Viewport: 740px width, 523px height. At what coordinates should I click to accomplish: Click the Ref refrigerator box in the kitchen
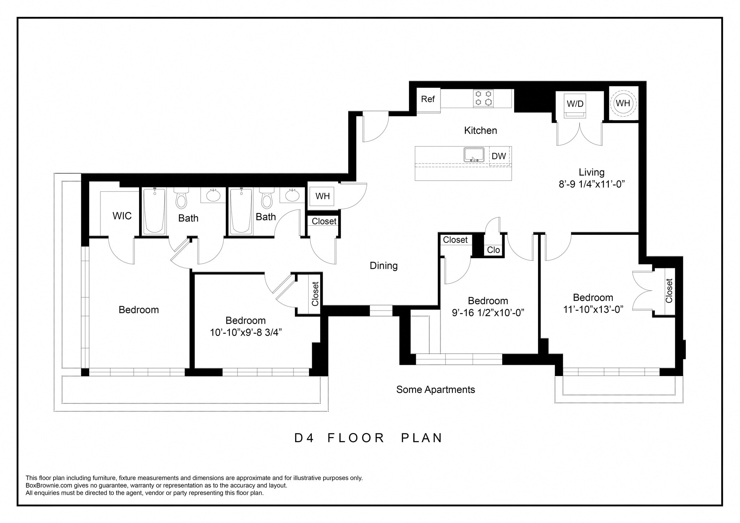pos(428,99)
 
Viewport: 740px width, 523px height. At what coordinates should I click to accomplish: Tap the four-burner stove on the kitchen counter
pos(484,98)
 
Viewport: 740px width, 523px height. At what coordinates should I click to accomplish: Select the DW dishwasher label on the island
pos(499,156)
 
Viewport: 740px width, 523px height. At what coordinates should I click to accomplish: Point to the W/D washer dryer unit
pos(575,105)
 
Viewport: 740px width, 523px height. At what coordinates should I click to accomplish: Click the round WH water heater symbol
pos(623,103)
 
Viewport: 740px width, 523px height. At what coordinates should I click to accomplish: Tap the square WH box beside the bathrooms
pos(322,196)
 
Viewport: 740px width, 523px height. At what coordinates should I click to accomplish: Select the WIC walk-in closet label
pos(122,216)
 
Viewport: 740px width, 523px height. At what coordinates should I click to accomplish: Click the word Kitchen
pos(481,130)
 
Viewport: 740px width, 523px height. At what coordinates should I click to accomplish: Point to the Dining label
pos(384,266)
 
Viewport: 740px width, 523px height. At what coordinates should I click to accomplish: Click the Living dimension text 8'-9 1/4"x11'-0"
pos(592,184)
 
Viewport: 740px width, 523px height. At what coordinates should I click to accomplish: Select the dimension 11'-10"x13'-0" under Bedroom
pos(593,309)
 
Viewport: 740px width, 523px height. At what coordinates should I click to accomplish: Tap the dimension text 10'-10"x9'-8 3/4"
pos(246,332)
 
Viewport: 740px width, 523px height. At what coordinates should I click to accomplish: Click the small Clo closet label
pos(493,250)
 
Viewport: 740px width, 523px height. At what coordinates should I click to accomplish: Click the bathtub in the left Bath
pos(154,211)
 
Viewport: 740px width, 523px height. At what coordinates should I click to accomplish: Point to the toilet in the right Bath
pos(267,199)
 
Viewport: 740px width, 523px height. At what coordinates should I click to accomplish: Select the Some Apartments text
pos(435,390)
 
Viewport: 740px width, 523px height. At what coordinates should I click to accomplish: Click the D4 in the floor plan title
pos(304,438)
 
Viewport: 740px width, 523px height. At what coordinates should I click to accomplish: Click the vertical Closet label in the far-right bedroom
pos(669,291)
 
